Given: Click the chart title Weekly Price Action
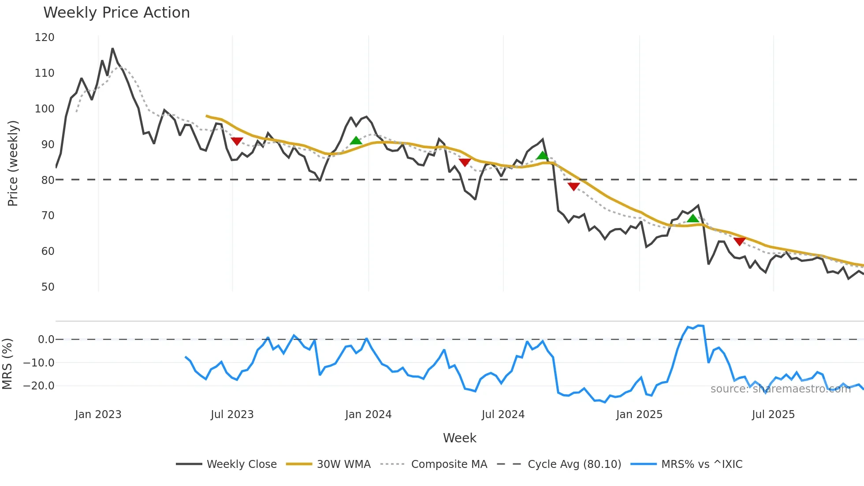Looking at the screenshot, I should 116,13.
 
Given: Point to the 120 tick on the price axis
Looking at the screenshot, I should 45,37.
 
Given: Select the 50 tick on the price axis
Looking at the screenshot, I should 48,287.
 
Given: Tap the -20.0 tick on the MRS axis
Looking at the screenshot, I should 39,386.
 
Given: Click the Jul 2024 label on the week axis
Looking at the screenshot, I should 503,415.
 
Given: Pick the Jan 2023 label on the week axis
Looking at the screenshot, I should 98,415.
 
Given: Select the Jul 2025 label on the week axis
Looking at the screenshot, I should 773,415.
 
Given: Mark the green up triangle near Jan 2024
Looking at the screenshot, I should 356,141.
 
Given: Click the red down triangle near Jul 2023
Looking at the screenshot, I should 237,141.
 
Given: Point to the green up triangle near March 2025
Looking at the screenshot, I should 693,218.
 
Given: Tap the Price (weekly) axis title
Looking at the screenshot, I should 13,163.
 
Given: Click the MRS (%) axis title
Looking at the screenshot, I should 7,364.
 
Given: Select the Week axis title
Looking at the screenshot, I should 459,438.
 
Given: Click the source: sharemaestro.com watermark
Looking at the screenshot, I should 780,389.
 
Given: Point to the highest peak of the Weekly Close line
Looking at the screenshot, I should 112,49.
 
